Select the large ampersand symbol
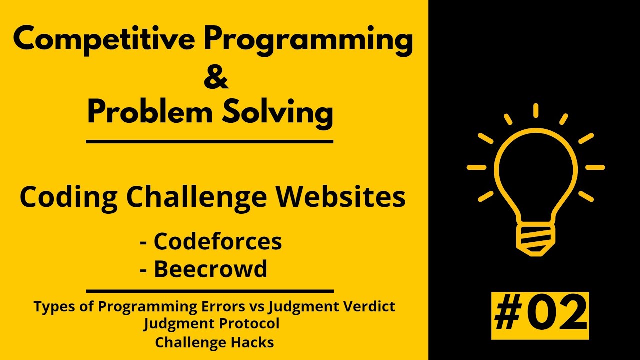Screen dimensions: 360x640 pyautogui.click(x=216, y=78)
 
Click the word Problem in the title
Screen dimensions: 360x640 pyautogui.click(x=148, y=113)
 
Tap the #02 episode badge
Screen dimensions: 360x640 pyautogui.click(x=540, y=315)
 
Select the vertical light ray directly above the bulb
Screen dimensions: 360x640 pyautogui.click(x=535, y=110)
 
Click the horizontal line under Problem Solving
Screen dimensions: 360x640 pyautogui.click(x=209, y=142)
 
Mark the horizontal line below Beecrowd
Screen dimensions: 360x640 pyautogui.click(x=209, y=291)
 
